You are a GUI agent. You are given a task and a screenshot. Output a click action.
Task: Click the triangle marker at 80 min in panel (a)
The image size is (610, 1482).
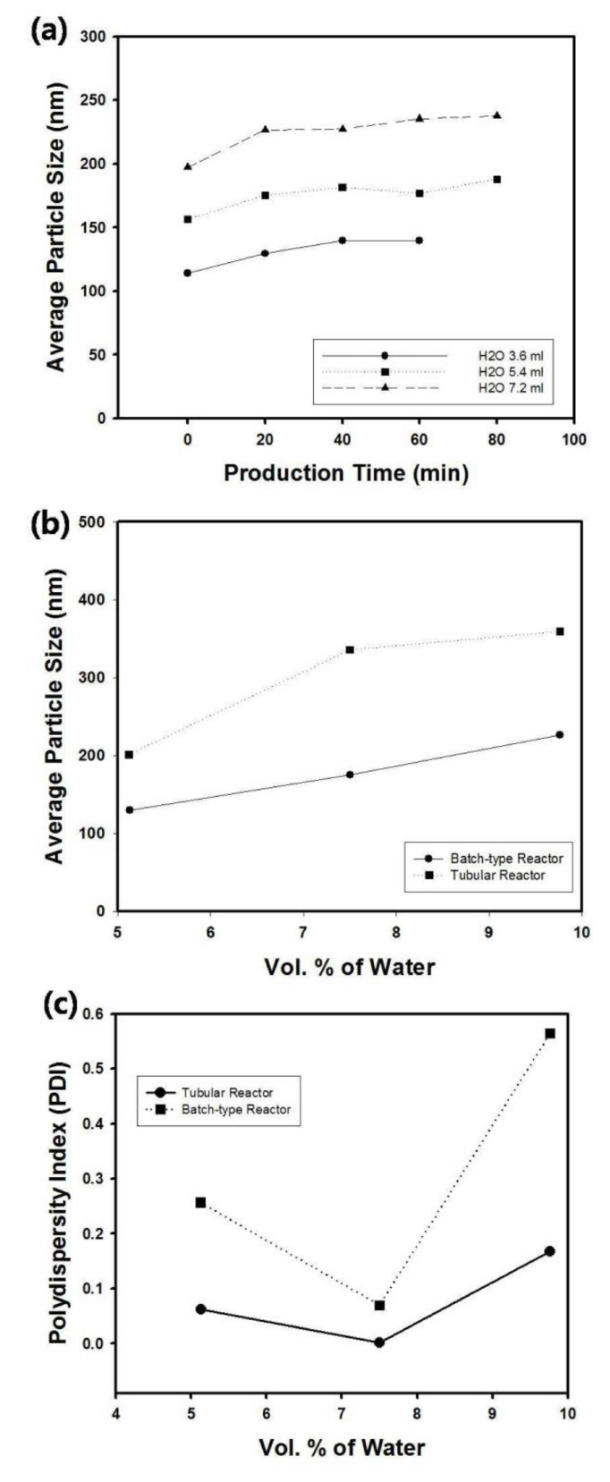click(x=496, y=115)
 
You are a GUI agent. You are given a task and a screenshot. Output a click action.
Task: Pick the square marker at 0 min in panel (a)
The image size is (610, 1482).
click(x=188, y=219)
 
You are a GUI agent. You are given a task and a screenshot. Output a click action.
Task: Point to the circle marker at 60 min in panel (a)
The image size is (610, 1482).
click(x=419, y=241)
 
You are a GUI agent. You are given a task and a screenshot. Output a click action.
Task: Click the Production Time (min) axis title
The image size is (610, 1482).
click(x=345, y=473)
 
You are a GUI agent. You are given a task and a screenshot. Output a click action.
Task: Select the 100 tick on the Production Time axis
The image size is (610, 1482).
click(x=573, y=439)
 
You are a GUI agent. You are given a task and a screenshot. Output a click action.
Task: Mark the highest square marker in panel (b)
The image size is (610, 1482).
click(x=560, y=631)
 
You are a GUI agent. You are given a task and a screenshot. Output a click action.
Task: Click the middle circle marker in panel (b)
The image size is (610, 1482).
click(x=350, y=775)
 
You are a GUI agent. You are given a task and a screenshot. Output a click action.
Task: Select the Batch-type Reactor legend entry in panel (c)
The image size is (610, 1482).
click(x=236, y=1110)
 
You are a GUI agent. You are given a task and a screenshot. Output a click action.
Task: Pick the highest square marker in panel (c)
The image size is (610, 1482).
click(x=550, y=1034)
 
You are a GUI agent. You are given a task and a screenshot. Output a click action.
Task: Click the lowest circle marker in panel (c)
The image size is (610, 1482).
click(x=379, y=1342)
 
